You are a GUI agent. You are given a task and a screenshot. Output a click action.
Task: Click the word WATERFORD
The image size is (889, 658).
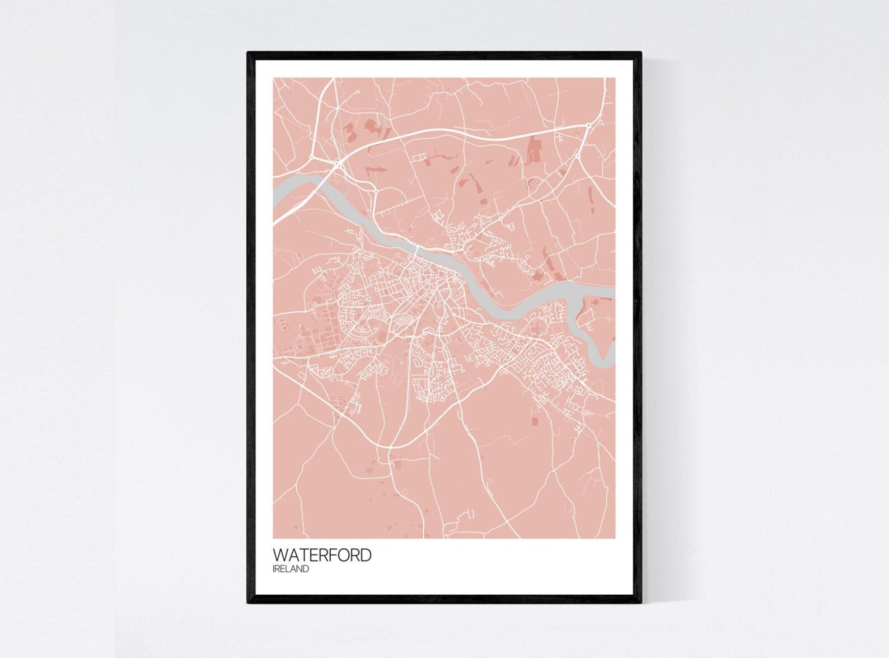click(x=322, y=556)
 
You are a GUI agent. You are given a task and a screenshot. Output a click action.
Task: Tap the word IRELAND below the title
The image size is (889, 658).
click(x=291, y=570)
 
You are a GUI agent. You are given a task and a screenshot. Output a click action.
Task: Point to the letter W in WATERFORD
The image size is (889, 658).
click(x=280, y=556)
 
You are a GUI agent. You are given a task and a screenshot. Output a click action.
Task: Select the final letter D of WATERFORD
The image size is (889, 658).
click(x=365, y=556)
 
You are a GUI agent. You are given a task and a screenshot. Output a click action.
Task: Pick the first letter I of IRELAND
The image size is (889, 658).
click(x=274, y=570)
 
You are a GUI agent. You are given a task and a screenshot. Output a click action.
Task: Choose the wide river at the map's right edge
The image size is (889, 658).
click(x=607, y=292)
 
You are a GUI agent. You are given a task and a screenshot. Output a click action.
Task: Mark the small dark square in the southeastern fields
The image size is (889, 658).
click(x=534, y=419)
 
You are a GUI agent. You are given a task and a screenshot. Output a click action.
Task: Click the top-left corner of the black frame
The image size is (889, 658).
click(x=249, y=53)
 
